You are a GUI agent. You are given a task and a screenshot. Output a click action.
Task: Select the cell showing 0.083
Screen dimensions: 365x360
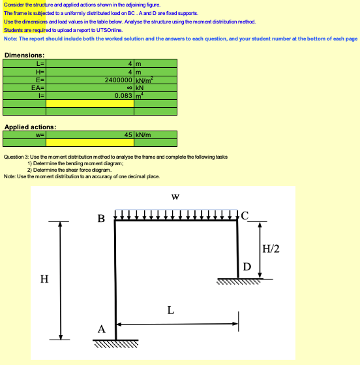[123, 95]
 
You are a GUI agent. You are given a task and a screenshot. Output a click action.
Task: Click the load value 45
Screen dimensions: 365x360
[128, 135]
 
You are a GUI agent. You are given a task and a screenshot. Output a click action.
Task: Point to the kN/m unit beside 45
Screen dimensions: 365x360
[143, 135]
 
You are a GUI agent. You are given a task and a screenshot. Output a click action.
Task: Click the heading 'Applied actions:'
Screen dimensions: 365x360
[30, 127]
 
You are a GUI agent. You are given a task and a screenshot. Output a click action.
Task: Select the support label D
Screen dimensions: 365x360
[247, 266]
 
